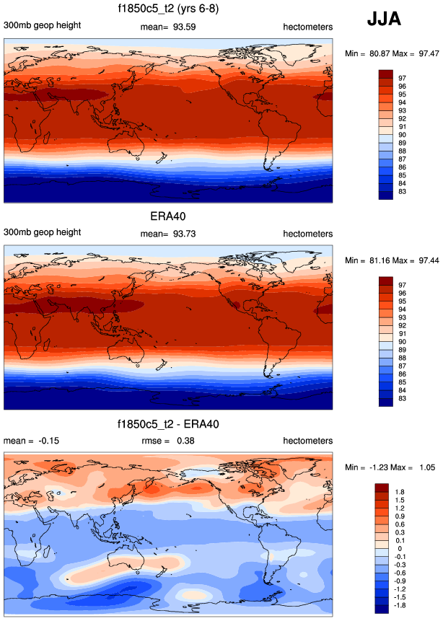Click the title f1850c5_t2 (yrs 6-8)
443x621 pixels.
tap(169, 10)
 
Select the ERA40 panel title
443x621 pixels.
tap(168, 218)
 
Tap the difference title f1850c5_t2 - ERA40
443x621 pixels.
tap(169, 425)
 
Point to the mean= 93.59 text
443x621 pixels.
tap(168, 27)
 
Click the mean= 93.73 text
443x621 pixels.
tap(168, 234)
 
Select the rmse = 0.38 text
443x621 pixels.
tap(168, 441)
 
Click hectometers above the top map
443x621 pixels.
tap(308, 27)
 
